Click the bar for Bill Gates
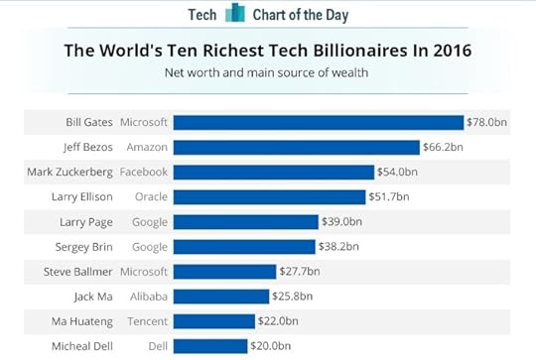coord(319,122)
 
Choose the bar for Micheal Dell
coord(211,345)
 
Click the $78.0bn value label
coord(489,122)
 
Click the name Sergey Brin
coord(81,246)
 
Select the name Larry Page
coord(84,221)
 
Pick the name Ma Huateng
coord(81,320)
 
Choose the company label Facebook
coord(143,172)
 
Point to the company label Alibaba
coord(146,296)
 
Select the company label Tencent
coord(146,320)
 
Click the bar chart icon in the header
coord(234,14)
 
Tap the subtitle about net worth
coord(267,72)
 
